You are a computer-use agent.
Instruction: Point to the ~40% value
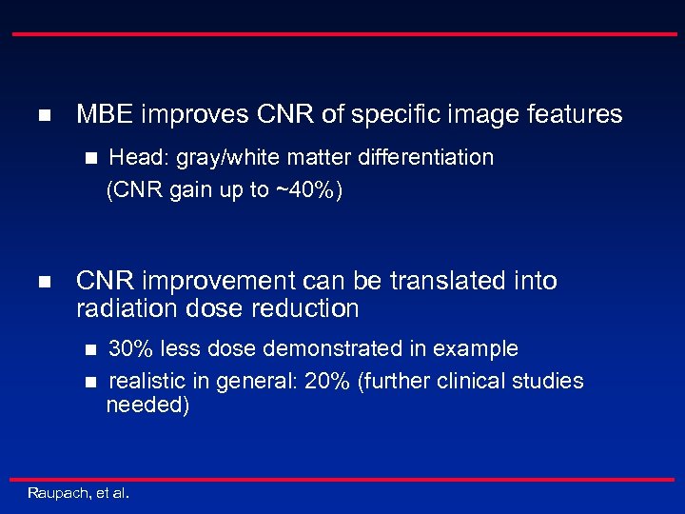coord(304,190)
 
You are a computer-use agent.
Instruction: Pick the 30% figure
coord(131,348)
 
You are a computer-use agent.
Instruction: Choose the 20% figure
coord(330,382)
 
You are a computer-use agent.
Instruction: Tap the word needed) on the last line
coord(147,405)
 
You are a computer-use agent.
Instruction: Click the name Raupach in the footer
coord(59,493)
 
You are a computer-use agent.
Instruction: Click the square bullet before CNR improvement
coord(43,283)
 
